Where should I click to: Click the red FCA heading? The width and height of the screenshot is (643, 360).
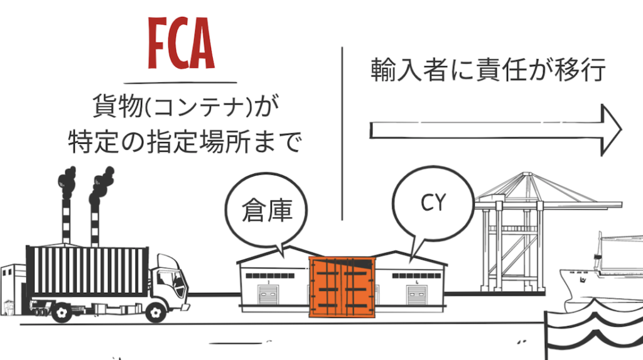[x=180, y=43]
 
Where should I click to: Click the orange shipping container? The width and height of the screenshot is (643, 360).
[x=340, y=285]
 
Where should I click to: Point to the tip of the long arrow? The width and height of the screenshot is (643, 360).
[x=620, y=130]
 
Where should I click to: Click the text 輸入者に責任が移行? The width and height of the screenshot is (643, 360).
[x=488, y=70]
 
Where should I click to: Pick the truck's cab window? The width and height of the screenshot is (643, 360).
[x=166, y=276]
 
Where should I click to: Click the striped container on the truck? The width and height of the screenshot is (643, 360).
[x=88, y=270]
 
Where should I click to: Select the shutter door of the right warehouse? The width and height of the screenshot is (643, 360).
[x=414, y=296]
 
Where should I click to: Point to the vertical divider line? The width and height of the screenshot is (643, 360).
[x=343, y=132]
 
